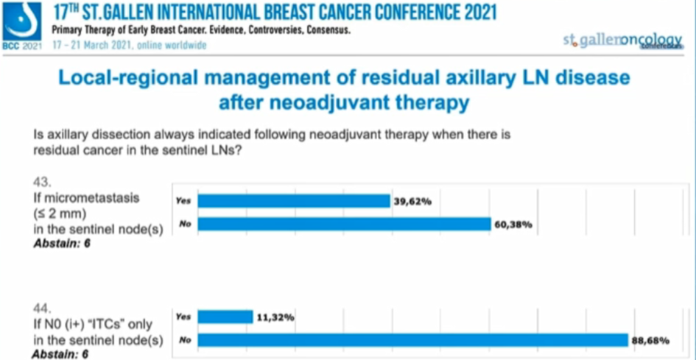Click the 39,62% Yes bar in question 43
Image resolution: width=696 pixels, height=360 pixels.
coord(294,200)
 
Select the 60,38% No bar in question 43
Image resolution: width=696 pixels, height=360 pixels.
coord(344,224)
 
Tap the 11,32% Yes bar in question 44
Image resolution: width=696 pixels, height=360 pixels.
coord(225,317)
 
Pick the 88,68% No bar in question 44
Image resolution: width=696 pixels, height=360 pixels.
coord(413,340)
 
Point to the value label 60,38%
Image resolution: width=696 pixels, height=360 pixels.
coord(513,224)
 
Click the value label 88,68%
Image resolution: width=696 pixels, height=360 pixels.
coord(651,340)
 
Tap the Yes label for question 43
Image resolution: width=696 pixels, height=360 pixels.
coord(183,200)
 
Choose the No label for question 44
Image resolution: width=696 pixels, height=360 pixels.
coord(183,340)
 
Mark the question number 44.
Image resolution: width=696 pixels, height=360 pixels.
coord(42,303)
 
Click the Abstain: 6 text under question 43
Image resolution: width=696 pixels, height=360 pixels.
coord(63,243)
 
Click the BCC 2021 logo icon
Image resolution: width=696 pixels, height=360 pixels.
coord(22,22)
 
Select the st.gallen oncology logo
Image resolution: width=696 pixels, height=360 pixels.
coord(622,42)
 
